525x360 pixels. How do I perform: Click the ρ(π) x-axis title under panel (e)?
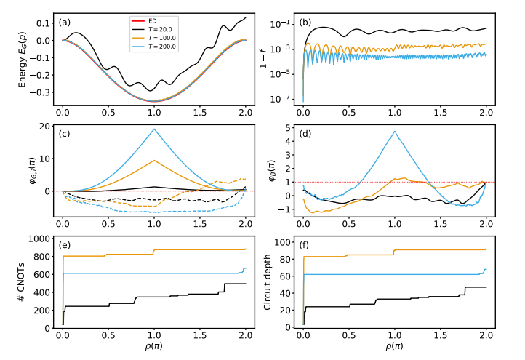[153, 348]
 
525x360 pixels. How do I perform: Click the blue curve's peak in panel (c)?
[154, 129]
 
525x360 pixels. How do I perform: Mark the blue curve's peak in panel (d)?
[395, 132]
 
